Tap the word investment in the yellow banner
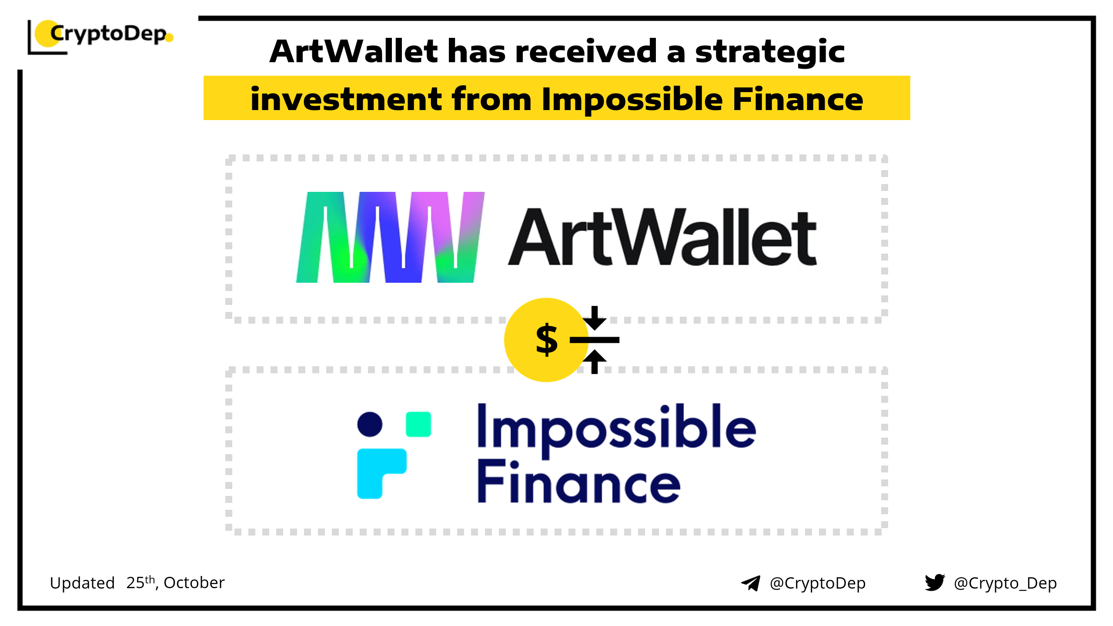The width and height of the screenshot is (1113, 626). [x=346, y=99]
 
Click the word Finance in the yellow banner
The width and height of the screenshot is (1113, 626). [x=798, y=99]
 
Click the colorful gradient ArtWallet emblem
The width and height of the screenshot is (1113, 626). [x=390, y=237]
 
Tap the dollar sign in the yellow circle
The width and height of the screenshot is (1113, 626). [x=547, y=340]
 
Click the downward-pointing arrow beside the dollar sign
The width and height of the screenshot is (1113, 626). [x=595, y=318]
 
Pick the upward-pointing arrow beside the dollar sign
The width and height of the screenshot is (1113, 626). [x=595, y=362]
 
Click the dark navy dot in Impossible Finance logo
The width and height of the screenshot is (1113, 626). [x=370, y=424]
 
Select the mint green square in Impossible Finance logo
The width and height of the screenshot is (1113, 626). [x=418, y=424]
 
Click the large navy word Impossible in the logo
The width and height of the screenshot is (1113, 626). [x=617, y=430]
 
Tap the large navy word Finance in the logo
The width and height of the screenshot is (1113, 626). [x=579, y=482]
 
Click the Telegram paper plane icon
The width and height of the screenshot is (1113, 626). [x=751, y=583]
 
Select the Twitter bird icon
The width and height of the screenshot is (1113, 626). [x=935, y=582]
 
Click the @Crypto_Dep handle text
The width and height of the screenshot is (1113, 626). [x=1005, y=583]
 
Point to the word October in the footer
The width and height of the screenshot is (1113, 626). [x=194, y=582]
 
